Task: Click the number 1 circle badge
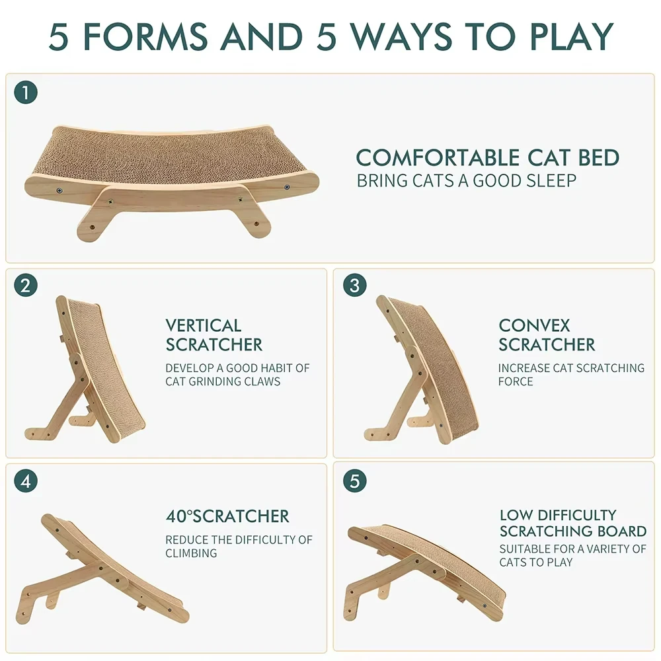tap(26, 93)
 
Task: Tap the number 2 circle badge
tap(26, 286)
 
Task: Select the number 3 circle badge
tap(355, 286)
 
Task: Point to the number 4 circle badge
tap(26, 481)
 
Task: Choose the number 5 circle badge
tap(355, 481)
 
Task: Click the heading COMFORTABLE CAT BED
tap(488, 158)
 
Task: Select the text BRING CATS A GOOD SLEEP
tap(467, 180)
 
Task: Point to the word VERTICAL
tap(204, 326)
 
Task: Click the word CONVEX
tap(534, 326)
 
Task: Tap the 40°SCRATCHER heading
tap(227, 516)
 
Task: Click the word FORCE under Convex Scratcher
tap(516, 381)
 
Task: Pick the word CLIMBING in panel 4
tap(191, 553)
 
